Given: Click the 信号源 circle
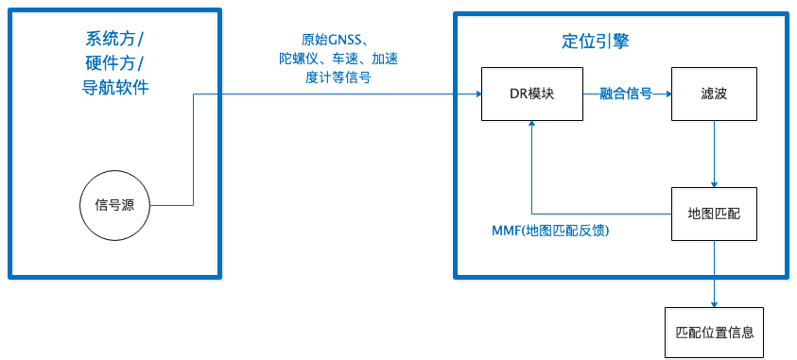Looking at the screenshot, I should coord(114,205).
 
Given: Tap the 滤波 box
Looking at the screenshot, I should coord(713,95).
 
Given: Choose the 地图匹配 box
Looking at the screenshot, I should coord(713,215).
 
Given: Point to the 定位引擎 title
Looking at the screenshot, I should coord(595,42).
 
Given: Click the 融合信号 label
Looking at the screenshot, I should coord(625,94).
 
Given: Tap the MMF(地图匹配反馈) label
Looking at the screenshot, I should coord(549,230).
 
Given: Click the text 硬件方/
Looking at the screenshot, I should coord(114,64).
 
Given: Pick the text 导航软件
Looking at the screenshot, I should coord(114,89).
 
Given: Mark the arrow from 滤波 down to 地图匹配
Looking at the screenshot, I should coord(713,156).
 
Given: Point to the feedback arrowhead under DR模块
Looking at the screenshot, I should coord(533,129).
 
